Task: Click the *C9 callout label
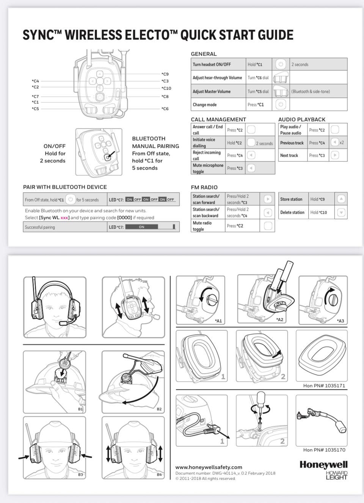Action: point(165,74)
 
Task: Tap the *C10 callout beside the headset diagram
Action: point(166,88)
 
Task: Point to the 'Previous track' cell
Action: point(292,143)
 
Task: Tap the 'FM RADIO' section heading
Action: point(204,187)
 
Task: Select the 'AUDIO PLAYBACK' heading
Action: point(302,119)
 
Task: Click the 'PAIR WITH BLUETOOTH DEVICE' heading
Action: point(65,187)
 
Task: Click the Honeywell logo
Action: point(323,465)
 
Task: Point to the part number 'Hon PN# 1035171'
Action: point(324,385)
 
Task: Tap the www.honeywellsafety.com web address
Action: point(209,467)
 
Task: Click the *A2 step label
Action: point(280,320)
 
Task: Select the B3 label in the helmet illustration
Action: point(80,474)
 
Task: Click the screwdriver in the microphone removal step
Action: point(260,402)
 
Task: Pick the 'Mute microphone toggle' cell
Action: point(208,168)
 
